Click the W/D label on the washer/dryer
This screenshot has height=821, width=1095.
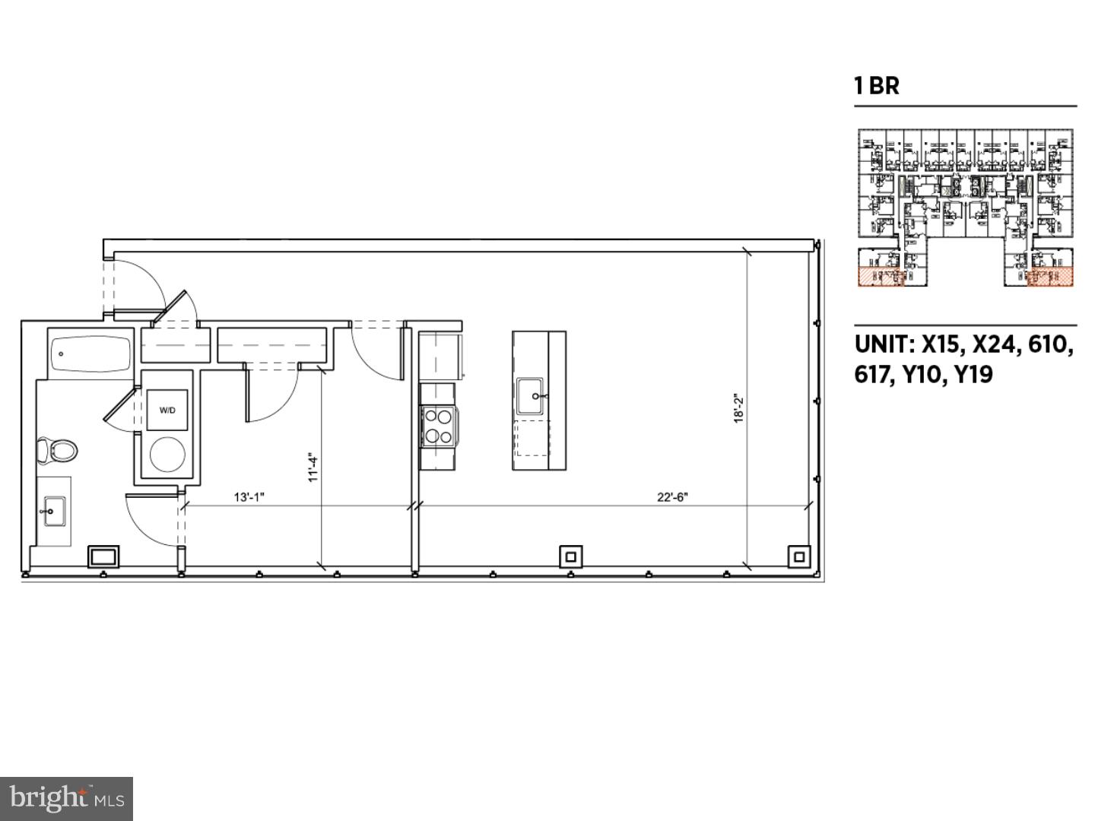point(167,410)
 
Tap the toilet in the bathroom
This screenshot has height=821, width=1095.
point(59,450)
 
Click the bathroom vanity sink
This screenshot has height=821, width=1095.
point(52,508)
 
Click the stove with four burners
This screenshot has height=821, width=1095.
point(437,426)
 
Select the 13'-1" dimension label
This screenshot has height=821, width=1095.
point(249,497)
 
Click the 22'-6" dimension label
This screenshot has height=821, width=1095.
point(672,497)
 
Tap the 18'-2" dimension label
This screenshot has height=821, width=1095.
point(738,407)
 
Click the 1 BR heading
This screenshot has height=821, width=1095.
point(877,86)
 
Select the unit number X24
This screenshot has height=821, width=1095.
point(995,345)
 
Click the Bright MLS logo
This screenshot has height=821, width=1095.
point(67,798)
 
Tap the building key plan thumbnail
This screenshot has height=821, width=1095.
point(966,208)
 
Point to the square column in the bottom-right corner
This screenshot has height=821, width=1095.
point(798,556)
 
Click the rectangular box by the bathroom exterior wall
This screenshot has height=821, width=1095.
point(103,556)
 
